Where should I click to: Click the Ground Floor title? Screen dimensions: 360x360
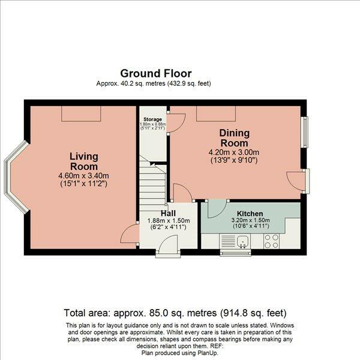pyautogui.click(x=156, y=73)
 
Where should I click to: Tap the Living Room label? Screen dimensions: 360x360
pyautogui.click(x=84, y=161)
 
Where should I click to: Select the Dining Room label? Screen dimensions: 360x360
pyautogui.click(x=234, y=138)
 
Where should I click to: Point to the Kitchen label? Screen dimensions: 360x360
pyautogui.click(x=250, y=214)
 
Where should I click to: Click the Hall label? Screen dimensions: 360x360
pyautogui.click(x=168, y=213)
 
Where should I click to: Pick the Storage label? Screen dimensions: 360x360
pyautogui.click(x=152, y=119)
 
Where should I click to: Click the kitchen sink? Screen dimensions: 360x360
pyautogui.click(x=242, y=241)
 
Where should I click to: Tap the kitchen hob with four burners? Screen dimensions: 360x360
pyautogui.click(x=272, y=241)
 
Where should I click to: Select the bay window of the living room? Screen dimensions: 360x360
pyautogui.click(x=16, y=177)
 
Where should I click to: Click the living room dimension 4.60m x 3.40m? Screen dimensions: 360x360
pyautogui.click(x=83, y=176)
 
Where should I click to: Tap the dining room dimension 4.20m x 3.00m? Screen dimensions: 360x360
pyautogui.click(x=234, y=152)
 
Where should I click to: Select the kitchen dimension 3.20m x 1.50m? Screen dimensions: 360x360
pyautogui.click(x=250, y=220)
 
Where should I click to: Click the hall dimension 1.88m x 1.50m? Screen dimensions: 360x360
pyautogui.click(x=169, y=221)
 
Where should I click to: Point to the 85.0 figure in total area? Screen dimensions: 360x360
pyautogui.click(x=157, y=313)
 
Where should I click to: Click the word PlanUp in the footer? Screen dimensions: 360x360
pyautogui.click(x=207, y=353)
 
